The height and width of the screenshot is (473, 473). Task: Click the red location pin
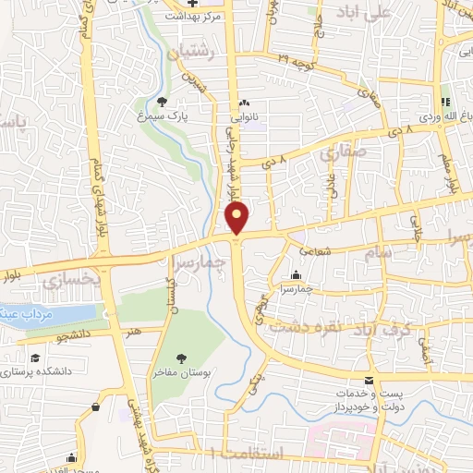pos(237,219)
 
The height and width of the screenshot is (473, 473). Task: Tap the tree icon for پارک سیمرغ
pos(163,102)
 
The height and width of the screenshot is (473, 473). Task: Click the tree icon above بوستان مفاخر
pos(181,358)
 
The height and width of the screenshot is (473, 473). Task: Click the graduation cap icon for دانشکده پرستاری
pos(34,358)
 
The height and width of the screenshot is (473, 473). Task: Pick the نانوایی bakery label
pos(244,117)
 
